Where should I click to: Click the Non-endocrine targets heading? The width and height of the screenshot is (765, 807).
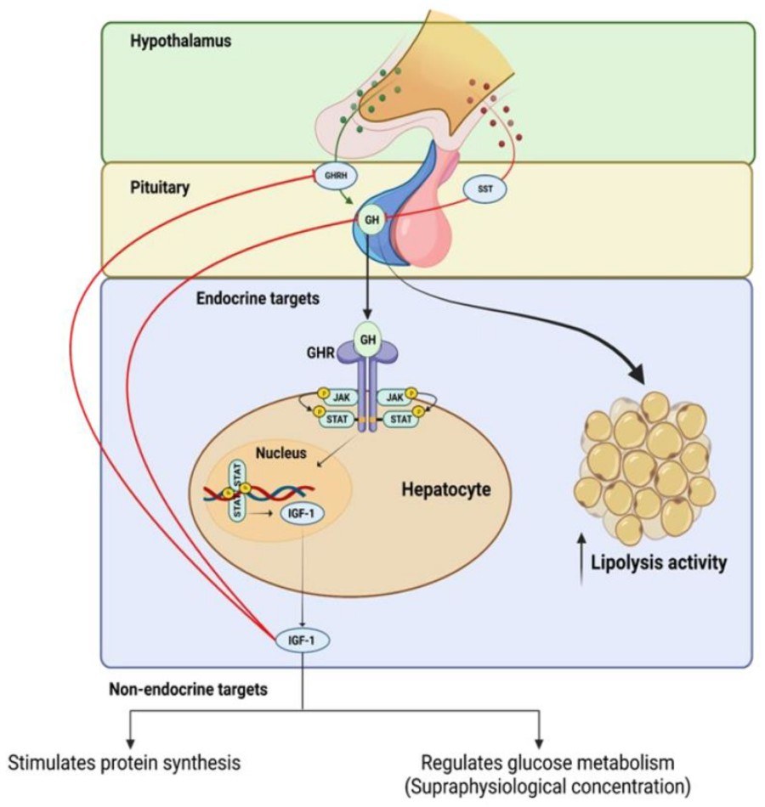(190, 689)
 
